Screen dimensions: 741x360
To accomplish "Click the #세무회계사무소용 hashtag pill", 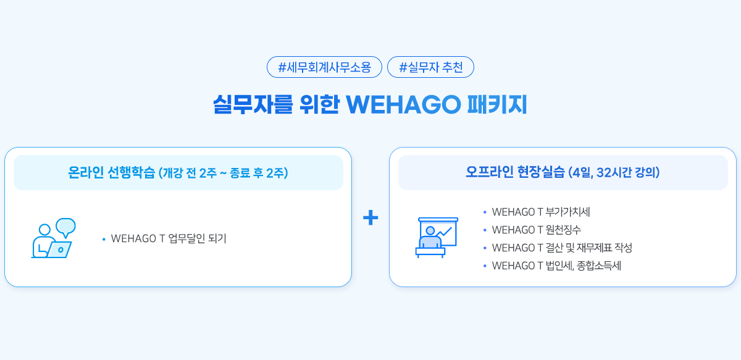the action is [324, 67].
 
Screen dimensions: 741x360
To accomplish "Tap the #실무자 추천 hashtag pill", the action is [430, 67].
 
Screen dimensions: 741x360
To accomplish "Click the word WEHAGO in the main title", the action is [403, 104].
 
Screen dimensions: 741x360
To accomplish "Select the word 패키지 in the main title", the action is [497, 104].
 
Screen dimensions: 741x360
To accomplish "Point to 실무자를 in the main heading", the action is [253, 104].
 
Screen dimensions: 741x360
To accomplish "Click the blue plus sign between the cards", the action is [371, 217].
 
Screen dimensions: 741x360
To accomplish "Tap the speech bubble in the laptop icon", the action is [66, 227].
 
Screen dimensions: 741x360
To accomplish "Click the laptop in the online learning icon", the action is [59, 249].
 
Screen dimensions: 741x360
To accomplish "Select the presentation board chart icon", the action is [437, 237].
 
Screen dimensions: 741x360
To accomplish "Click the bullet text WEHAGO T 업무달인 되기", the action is [169, 238].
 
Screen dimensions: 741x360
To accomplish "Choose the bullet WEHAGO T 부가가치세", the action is [541, 212].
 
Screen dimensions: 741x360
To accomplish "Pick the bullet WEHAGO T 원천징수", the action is [536, 230].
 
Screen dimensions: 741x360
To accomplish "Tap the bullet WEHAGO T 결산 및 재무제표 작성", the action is [562, 248].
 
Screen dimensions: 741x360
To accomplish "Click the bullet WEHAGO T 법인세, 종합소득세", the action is [556, 266].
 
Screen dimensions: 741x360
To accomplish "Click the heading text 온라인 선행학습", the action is [112, 172].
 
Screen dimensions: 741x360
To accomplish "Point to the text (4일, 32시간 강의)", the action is [614, 172].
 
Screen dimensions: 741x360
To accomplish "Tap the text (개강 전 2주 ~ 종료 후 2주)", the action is [224, 173].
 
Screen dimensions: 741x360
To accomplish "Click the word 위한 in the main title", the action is [319, 104].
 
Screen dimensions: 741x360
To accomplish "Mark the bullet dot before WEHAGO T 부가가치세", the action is [485, 212].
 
